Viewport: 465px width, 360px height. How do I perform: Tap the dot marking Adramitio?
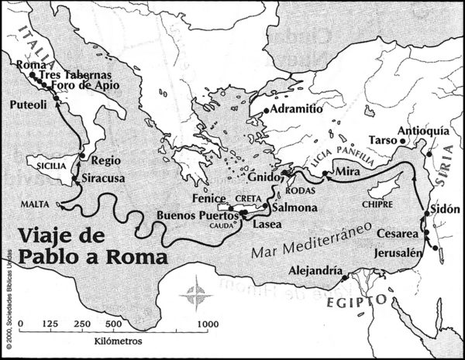point(266,111)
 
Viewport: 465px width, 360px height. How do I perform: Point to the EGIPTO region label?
point(356,299)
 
